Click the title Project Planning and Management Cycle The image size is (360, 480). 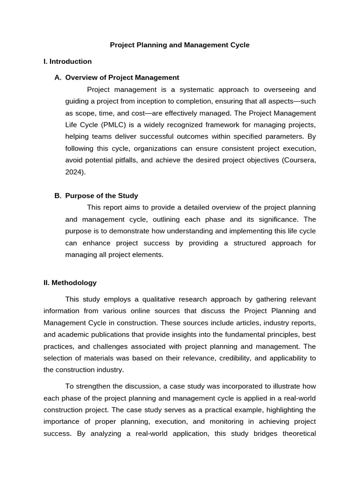(x=180, y=45)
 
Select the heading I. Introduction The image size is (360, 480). (x=67, y=61)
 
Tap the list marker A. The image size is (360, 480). (x=58, y=77)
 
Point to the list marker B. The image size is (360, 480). (x=58, y=195)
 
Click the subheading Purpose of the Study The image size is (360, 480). (x=102, y=195)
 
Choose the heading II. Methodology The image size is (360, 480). (x=70, y=283)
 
